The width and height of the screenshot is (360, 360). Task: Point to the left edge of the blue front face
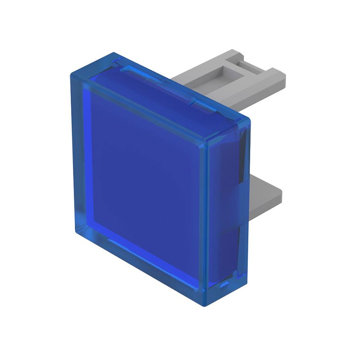coord(73,153)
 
